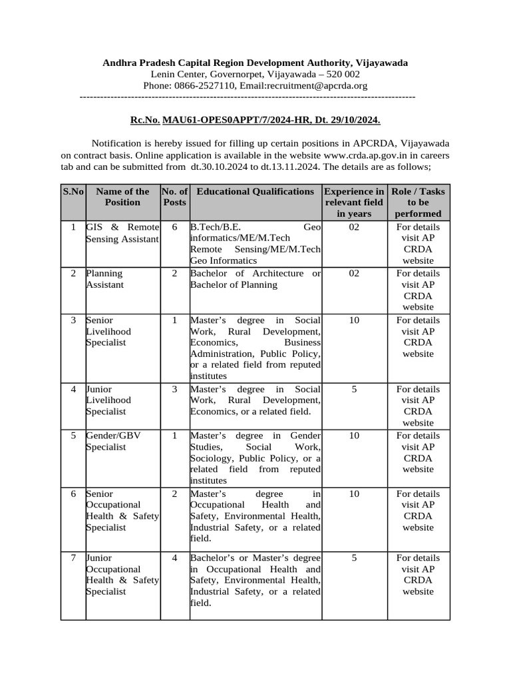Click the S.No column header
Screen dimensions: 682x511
tap(73, 192)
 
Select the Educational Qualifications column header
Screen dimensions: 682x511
tap(255, 192)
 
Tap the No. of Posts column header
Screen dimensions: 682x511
tap(174, 196)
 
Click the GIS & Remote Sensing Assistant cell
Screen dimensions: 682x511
tap(122, 232)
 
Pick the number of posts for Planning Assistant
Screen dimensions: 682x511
tap(174, 273)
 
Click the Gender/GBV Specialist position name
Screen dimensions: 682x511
tap(113, 441)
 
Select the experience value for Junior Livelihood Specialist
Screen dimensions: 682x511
tap(354, 389)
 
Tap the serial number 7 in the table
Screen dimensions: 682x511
tap(73, 558)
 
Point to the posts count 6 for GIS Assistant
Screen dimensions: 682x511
tap(174, 227)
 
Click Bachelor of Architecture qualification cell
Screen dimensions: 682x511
tap(255, 279)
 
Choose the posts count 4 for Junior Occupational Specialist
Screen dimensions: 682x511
tap(174, 558)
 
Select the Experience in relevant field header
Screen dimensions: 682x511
tap(354, 202)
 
